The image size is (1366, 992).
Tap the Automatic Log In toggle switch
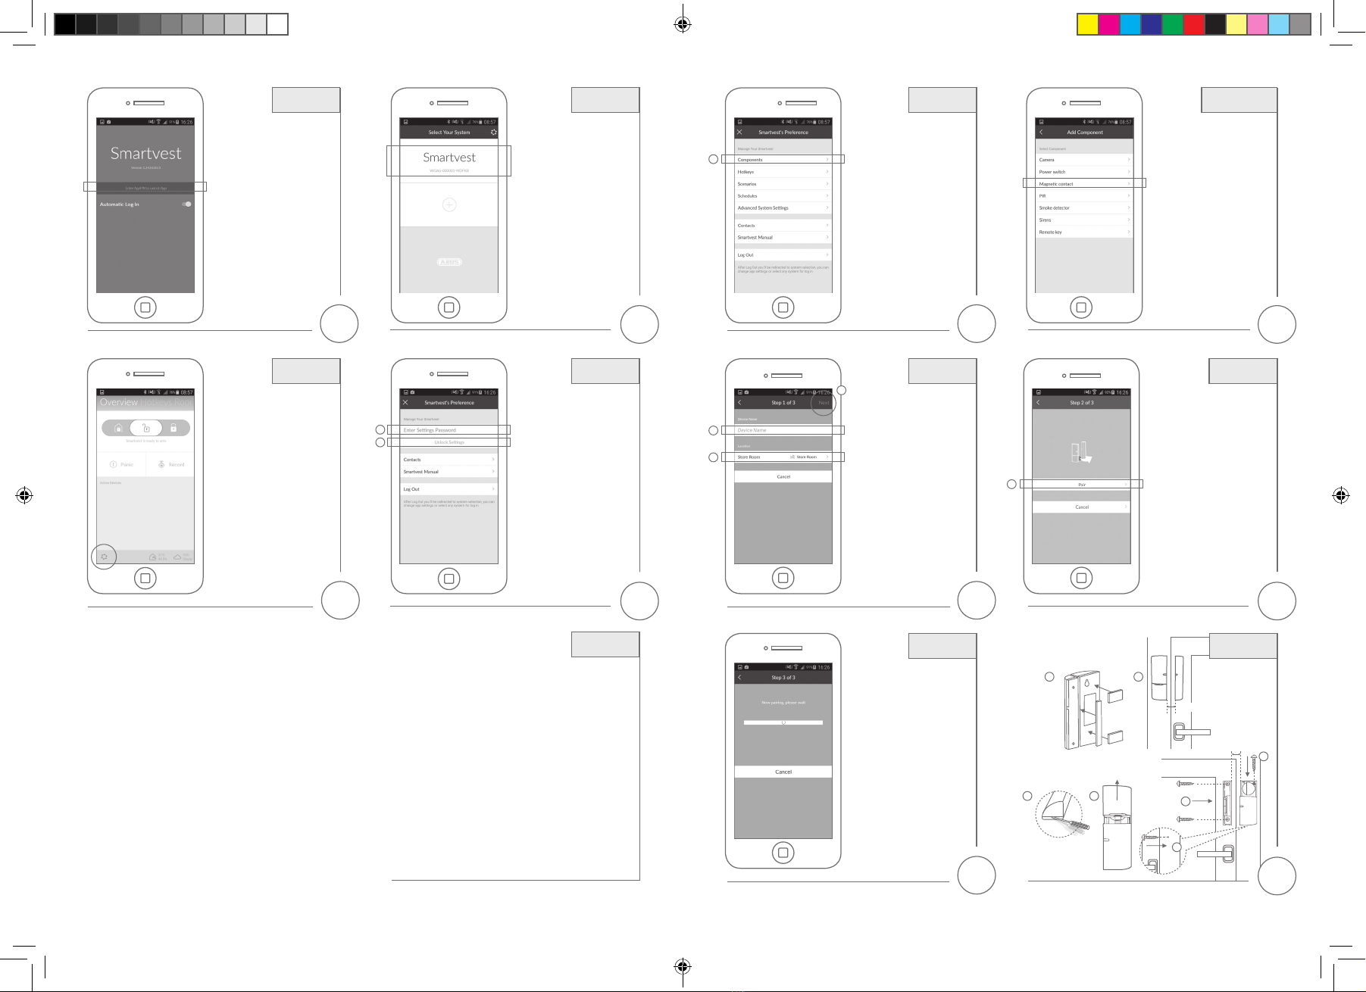186,204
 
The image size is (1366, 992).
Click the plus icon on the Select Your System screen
449,204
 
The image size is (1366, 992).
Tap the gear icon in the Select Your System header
494,132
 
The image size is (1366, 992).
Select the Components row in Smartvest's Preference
783,160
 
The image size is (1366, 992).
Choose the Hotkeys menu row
783,172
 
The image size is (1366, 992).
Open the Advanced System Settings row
783,207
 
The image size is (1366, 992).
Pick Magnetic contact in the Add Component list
1083,184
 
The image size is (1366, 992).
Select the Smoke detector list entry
1083,207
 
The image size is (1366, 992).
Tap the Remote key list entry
1083,232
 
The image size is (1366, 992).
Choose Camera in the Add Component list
1083,160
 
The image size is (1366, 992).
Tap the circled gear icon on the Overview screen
105,557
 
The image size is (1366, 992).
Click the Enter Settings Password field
449,430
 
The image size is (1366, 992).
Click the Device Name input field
783,430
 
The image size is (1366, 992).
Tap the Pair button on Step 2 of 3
1081,485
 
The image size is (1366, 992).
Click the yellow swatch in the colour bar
1088,24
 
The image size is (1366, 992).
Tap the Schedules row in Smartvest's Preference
783,196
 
